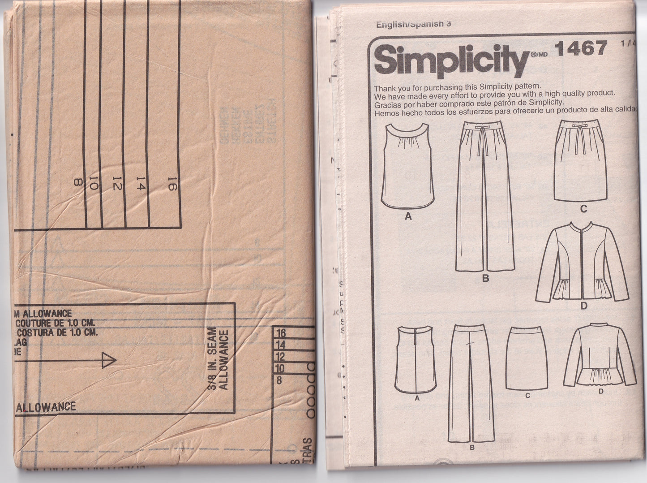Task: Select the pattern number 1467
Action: click(x=580, y=48)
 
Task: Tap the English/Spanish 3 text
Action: click(x=413, y=24)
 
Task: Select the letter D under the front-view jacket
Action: click(x=584, y=306)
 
